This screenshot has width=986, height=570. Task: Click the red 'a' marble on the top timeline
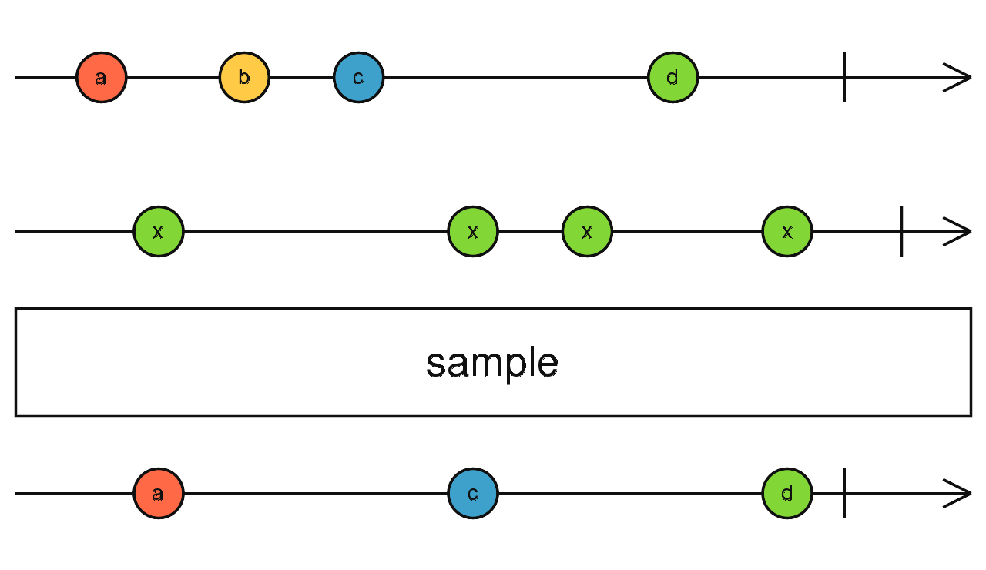[x=101, y=78]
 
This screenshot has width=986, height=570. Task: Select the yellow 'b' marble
[x=244, y=78]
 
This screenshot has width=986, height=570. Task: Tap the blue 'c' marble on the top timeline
[x=358, y=78]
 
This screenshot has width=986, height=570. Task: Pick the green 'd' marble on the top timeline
[x=672, y=78]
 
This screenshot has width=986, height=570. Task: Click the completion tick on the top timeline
[x=844, y=78]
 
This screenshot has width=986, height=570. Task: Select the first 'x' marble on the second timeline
[x=159, y=231]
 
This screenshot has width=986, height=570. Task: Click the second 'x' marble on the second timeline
[x=473, y=231]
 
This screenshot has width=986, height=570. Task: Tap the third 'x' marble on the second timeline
[x=587, y=231]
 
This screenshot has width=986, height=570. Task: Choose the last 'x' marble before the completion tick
[x=787, y=231]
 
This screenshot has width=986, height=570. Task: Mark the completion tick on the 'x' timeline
[x=901, y=231]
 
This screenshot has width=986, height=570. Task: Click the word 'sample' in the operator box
[x=492, y=363]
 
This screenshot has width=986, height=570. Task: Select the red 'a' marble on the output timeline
[x=159, y=493]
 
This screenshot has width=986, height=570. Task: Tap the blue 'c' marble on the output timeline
[x=473, y=493]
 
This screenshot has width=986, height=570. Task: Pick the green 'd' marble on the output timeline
[x=787, y=493]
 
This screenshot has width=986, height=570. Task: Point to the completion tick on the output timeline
[x=844, y=493]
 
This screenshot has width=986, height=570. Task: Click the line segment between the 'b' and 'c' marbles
[x=301, y=78]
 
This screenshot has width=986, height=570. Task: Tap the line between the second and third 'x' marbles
[x=530, y=231]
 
